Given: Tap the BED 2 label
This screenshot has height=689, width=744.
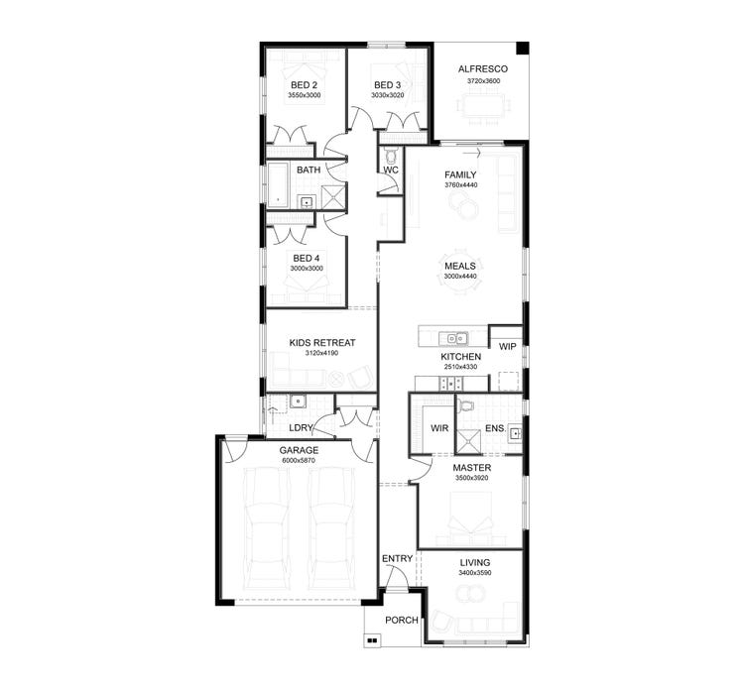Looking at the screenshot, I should point(305,84).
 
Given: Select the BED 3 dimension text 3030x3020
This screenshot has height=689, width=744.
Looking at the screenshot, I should point(387,96).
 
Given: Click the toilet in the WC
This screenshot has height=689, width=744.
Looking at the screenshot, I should point(390,156).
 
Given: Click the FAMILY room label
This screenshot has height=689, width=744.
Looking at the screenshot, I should point(460,174).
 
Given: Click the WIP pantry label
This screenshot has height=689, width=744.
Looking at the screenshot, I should point(507,346).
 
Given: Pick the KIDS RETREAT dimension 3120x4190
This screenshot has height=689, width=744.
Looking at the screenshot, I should point(321,354).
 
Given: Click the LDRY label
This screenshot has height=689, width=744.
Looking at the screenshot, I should point(301,428).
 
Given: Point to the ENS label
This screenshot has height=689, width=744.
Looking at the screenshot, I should point(494,428).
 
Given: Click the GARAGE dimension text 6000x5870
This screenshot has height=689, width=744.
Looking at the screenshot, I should point(298,461).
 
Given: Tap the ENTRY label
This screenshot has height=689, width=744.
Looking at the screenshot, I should point(397,559).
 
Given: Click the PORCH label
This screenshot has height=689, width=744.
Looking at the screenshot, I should point(401,621).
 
